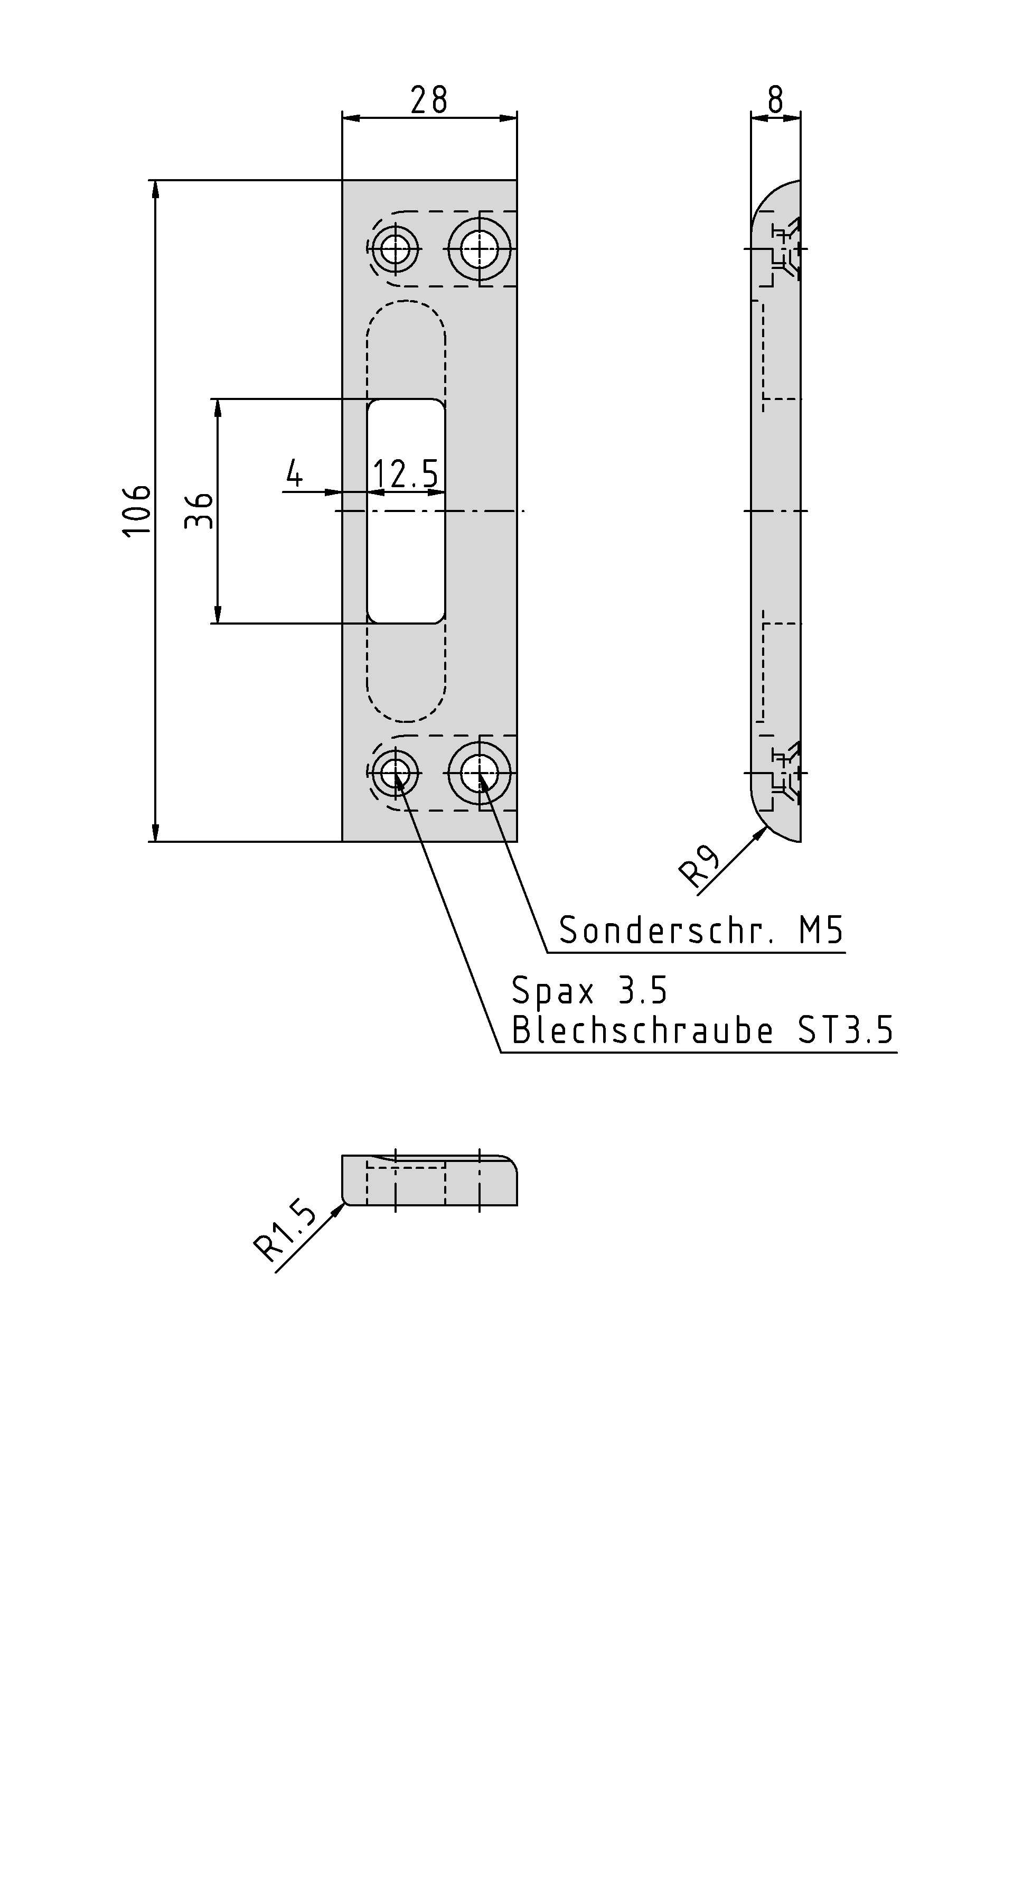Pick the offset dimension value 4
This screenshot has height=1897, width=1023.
click(294, 473)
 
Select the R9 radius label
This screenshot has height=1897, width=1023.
click(699, 866)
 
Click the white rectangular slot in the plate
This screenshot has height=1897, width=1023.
click(406, 511)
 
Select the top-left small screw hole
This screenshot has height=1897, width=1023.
click(396, 249)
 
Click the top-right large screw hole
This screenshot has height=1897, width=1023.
click(481, 249)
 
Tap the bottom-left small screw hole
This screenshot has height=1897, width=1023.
click(396, 773)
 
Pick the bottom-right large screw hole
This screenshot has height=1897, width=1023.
click(481, 773)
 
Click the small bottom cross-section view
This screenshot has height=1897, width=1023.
click(430, 1180)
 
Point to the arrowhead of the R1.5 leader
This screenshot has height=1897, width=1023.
click(339, 1208)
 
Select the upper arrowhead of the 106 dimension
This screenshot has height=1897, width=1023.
click(155, 189)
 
